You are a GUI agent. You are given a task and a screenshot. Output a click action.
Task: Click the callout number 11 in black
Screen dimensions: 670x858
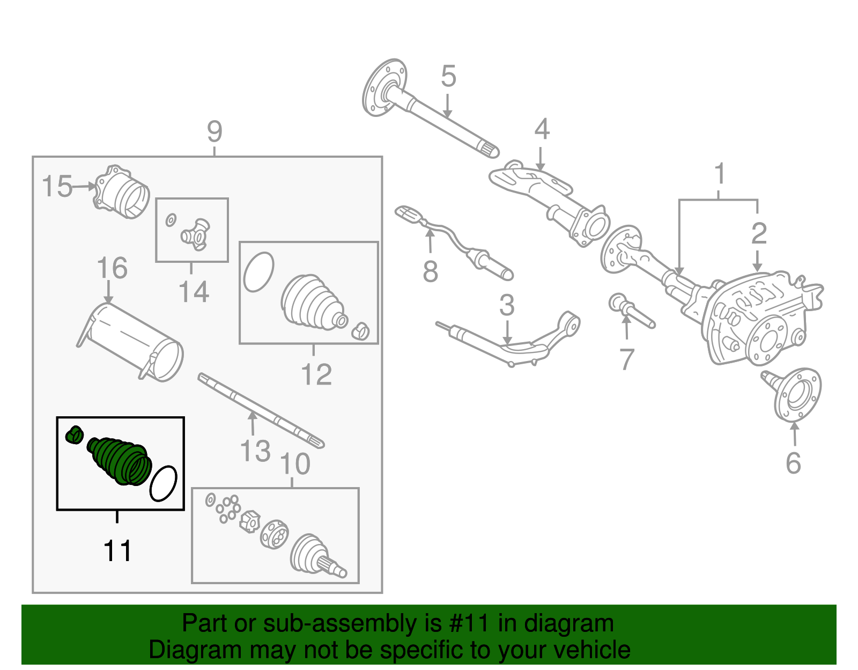point(117,550)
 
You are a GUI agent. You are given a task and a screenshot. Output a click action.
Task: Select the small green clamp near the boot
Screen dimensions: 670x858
point(74,435)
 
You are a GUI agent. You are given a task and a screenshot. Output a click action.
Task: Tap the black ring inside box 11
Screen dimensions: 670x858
point(164,483)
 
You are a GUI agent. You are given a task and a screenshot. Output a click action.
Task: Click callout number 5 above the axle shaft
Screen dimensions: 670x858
point(448,76)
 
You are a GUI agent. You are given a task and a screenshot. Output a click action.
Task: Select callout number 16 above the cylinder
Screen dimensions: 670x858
point(112,268)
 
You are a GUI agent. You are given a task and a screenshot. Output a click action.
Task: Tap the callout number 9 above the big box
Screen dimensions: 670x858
point(214,131)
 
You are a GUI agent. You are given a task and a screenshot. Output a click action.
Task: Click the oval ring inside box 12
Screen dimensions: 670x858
point(258,272)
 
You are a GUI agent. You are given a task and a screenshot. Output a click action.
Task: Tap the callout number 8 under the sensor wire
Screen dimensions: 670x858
point(430,272)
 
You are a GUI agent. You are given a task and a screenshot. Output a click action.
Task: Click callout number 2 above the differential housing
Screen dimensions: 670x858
point(759,233)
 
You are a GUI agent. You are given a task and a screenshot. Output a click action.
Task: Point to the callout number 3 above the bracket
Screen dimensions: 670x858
point(507,306)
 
